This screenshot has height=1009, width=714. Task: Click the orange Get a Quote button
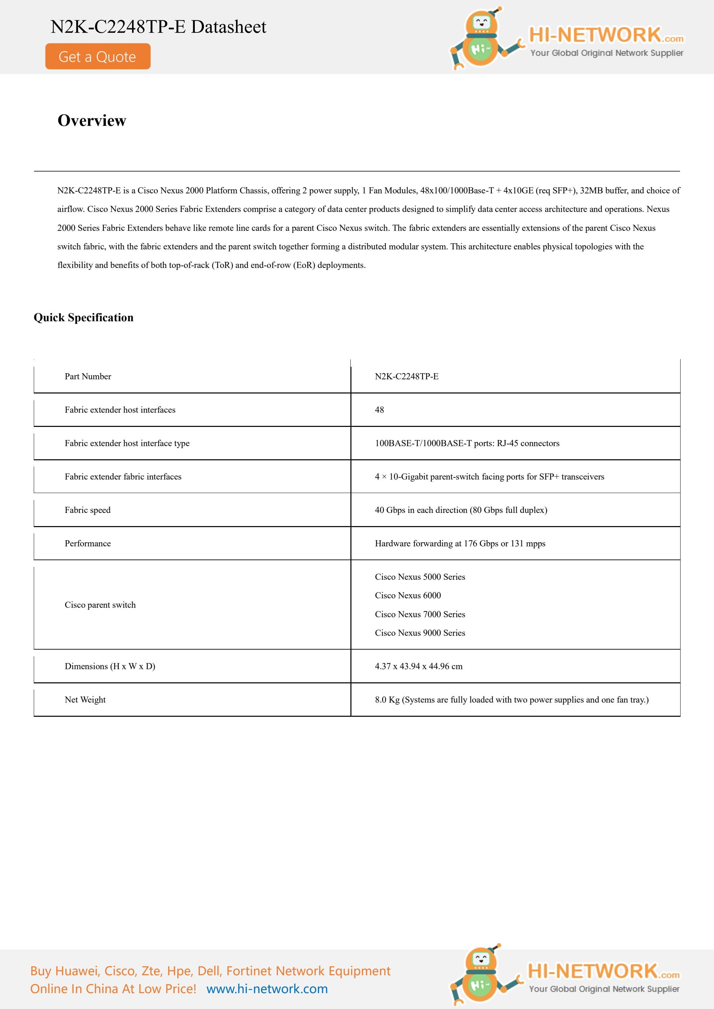click(98, 56)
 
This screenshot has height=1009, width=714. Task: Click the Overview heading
click(92, 120)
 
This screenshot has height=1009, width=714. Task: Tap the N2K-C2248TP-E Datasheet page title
click(158, 27)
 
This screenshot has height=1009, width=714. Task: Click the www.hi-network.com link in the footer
click(267, 989)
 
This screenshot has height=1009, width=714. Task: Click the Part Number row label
click(88, 376)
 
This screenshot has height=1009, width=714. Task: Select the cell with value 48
click(379, 410)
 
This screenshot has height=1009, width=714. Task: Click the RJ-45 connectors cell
click(467, 443)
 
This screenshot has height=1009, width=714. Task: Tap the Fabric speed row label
click(87, 510)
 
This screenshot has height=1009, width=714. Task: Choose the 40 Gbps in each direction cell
click(461, 510)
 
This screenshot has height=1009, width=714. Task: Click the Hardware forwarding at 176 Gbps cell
click(460, 543)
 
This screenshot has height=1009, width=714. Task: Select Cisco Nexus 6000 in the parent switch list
click(407, 596)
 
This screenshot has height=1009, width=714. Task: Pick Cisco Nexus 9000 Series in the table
click(420, 633)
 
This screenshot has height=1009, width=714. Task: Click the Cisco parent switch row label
click(100, 605)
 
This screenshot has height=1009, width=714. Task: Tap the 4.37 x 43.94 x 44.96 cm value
click(419, 666)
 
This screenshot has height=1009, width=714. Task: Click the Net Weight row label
click(85, 700)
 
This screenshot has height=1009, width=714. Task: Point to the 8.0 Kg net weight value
click(511, 700)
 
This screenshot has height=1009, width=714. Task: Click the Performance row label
click(88, 543)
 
